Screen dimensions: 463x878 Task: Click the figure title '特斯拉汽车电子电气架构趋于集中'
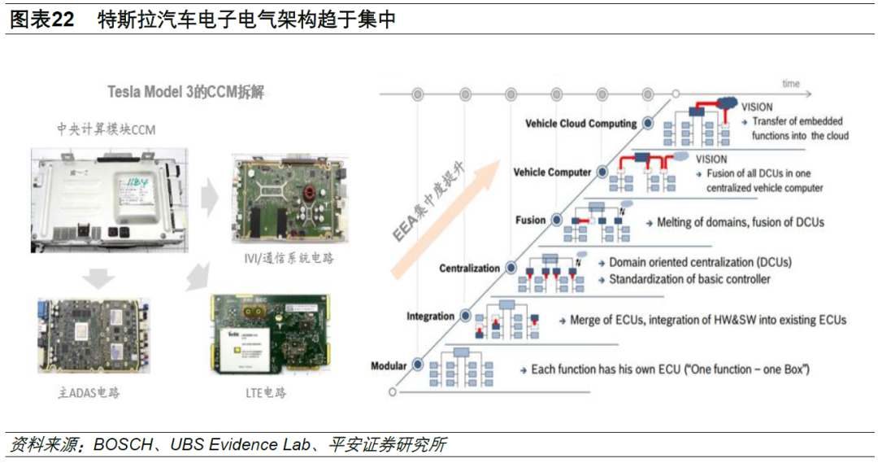pos(246,19)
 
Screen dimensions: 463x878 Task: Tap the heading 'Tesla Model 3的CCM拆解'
pos(185,92)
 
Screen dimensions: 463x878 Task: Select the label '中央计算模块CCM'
pos(106,129)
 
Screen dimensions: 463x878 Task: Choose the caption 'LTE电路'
pos(265,393)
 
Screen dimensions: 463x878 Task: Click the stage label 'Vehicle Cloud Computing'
pos(580,124)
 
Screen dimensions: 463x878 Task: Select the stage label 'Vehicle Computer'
pos(552,173)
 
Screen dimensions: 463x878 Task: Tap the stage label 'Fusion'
pos(530,221)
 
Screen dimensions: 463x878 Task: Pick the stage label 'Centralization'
pos(469,269)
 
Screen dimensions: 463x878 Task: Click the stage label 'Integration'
pos(430,317)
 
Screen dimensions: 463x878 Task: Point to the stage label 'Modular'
pos(388,365)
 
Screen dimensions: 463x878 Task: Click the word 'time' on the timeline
pos(790,84)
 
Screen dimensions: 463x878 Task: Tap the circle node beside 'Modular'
pos(419,365)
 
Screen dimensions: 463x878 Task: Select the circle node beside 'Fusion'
pos(557,221)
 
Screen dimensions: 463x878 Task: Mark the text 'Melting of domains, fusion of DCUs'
pos(740,222)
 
